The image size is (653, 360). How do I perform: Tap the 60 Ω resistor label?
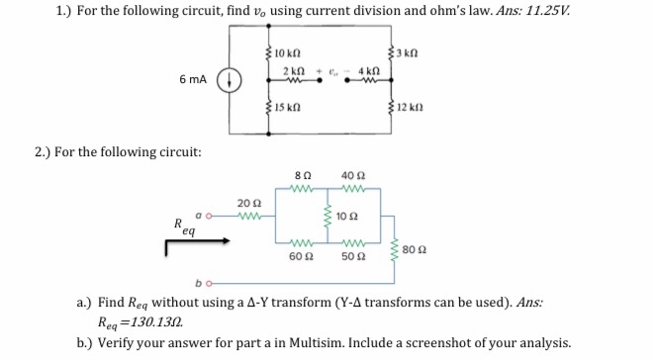pyautogui.click(x=301, y=256)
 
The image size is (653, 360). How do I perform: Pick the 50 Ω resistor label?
pyautogui.click(x=350, y=256)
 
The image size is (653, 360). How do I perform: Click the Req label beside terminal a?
pyautogui.click(x=181, y=226)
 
